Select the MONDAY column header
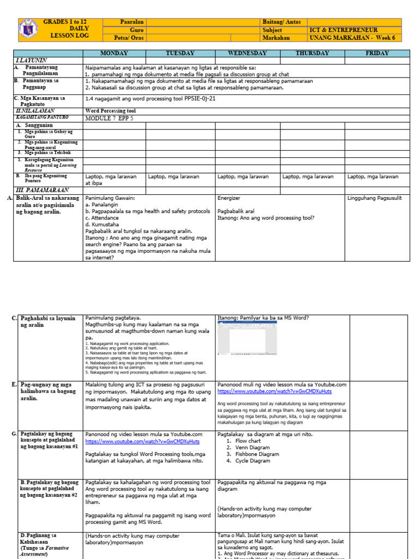pos(114,53)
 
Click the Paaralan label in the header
pos(131,22)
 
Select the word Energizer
pos(229,198)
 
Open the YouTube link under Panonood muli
pos(274,391)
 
